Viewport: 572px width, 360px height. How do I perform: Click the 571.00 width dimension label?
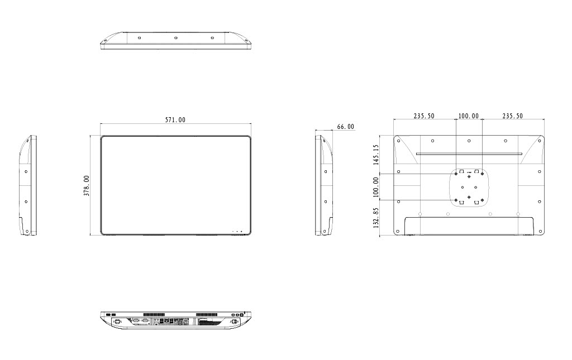[175, 119]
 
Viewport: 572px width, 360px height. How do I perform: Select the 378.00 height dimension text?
[87, 186]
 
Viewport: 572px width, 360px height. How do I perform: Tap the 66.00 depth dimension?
[345, 127]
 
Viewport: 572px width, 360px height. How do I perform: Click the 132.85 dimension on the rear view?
[375, 218]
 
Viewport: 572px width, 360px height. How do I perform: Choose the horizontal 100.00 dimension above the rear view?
[469, 116]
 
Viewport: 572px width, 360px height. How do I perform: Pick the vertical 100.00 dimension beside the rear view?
[375, 188]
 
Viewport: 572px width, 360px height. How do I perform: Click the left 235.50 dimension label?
[424, 116]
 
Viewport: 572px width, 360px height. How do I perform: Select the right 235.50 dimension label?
[513, 116]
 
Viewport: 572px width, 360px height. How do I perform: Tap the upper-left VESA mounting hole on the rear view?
[456, 174]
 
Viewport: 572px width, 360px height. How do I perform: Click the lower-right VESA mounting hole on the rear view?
[482, 200]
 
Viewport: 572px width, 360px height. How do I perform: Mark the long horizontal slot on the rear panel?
[469, 154]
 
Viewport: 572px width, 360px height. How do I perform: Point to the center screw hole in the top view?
[175, 38]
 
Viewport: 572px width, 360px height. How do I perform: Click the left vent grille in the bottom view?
[154, 314]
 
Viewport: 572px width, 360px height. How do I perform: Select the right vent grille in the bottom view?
[206, 314]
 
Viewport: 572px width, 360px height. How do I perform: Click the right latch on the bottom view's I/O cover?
[234, 322]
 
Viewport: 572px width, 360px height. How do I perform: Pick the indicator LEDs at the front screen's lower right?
[236, 231]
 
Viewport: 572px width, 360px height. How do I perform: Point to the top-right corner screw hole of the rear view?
[540, 141]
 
